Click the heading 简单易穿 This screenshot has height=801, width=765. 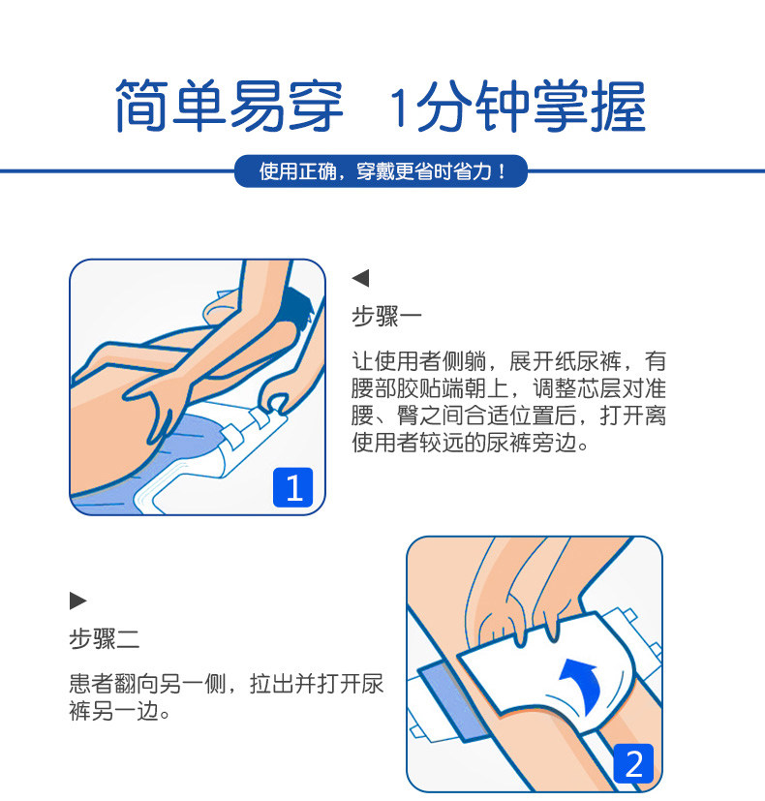229,106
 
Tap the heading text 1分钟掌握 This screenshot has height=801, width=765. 517,106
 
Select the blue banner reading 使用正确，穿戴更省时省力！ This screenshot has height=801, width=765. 381,171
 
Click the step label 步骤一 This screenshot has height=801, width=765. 386,316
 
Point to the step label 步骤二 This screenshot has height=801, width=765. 105,638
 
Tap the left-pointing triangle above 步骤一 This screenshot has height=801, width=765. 360,278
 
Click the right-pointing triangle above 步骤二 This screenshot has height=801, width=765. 78,601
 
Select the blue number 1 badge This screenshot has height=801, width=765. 292,487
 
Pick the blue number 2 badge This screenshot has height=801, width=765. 633,763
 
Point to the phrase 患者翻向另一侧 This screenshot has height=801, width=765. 147,684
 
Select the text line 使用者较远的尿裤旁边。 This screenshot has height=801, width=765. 471,443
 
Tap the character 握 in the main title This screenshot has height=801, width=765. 619,106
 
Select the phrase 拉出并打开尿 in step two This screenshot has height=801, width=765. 317,684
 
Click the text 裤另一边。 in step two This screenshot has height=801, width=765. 119,711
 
